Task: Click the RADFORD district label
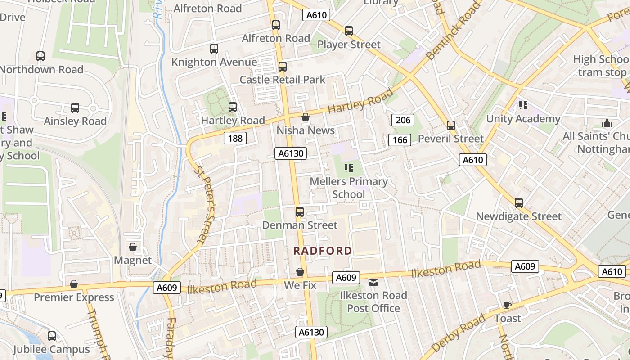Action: click(x=323, y=251)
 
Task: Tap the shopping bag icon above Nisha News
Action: click(x=306, y=117)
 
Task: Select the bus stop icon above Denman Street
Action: click(x=300, y=211)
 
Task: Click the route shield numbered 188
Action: click(x=235, y=138)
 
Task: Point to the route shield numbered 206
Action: click(x=403, y=120)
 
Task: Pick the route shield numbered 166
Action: click(x=400, y=140)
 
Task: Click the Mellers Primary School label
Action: click(x=349, y=188)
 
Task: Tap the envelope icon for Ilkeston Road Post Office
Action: click(x=373, y=283)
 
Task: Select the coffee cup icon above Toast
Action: click(x=508, y=305)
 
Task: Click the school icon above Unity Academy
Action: click(x=523, y=105)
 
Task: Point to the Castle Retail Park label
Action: click(x=282, y=80)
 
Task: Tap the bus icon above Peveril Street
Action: click(x=451, y=126)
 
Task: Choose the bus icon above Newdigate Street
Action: click(x=519, y=203)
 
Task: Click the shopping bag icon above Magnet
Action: click(x=133, y=247)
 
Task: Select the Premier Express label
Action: click(x=74, y=297)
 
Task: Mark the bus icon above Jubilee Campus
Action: click(x=52, y=336)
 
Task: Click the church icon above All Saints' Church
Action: click(x=607, y=123)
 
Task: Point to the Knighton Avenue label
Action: click(x=214, y=62)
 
